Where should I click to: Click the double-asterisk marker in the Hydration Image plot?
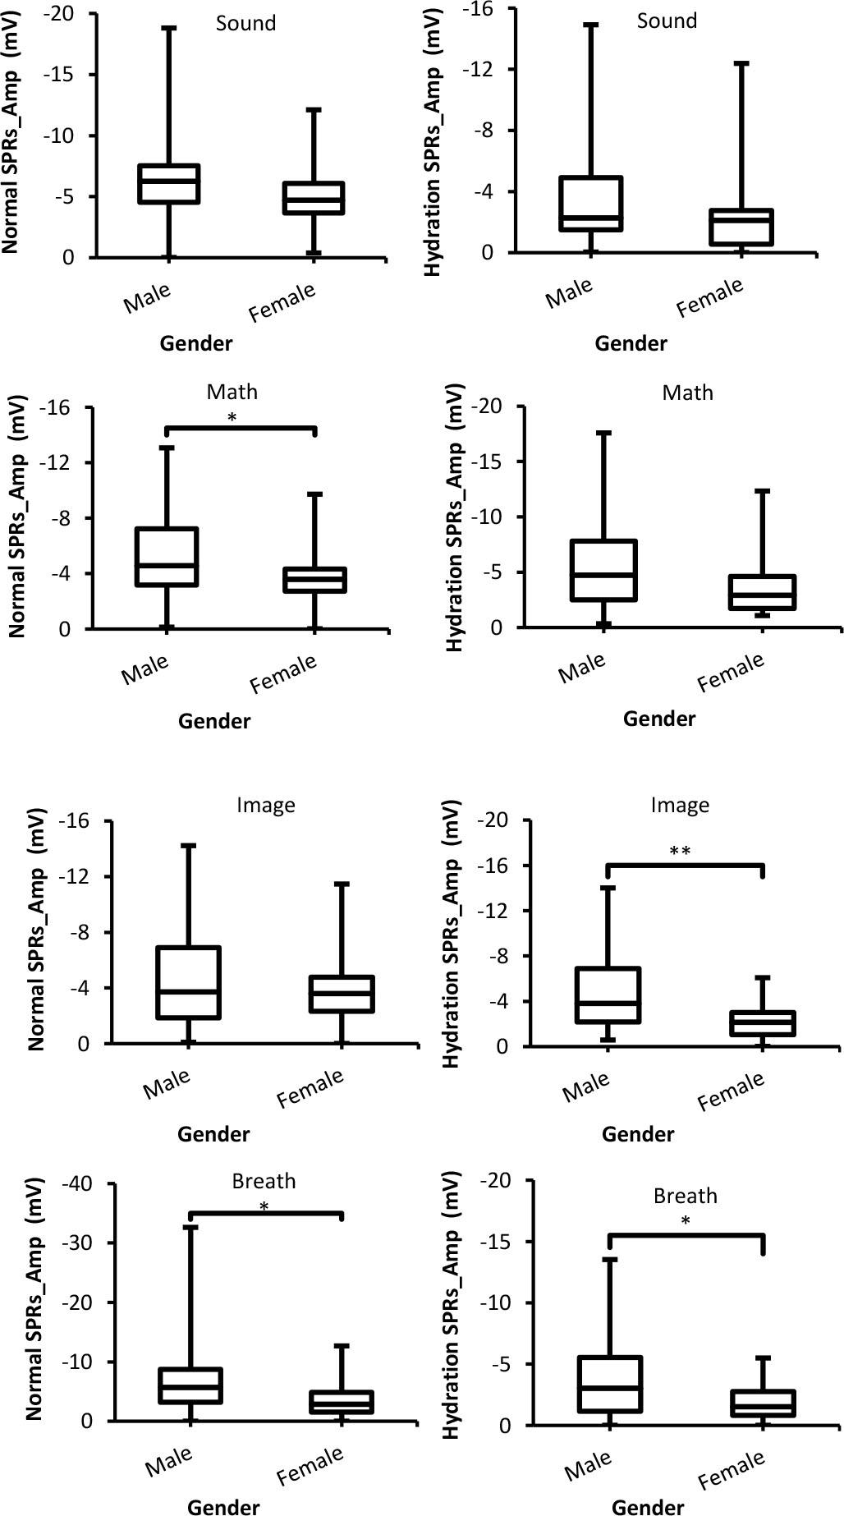point(680,852)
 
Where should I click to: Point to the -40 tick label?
point(77,1183)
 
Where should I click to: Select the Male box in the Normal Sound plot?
point(169,184)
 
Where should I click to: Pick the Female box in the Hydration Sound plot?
point(742,227)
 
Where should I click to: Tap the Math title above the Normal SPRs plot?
point(232,392)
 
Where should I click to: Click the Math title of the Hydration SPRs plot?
point(687,393)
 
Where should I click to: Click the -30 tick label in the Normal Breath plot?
point(77,1243)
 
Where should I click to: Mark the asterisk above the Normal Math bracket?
point(232,418)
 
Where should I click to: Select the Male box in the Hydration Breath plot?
point(609,1384)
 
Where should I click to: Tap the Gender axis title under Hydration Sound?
point(631,343)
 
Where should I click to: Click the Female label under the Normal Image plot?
point(310,1090)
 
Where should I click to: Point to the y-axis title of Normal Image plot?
point(36,933)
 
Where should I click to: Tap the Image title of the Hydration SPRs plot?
point(680,806)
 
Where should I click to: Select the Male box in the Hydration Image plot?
point(608,995)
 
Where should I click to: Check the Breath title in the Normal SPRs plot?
point(264,1181)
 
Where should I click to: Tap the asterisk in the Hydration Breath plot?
point(685,1221)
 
